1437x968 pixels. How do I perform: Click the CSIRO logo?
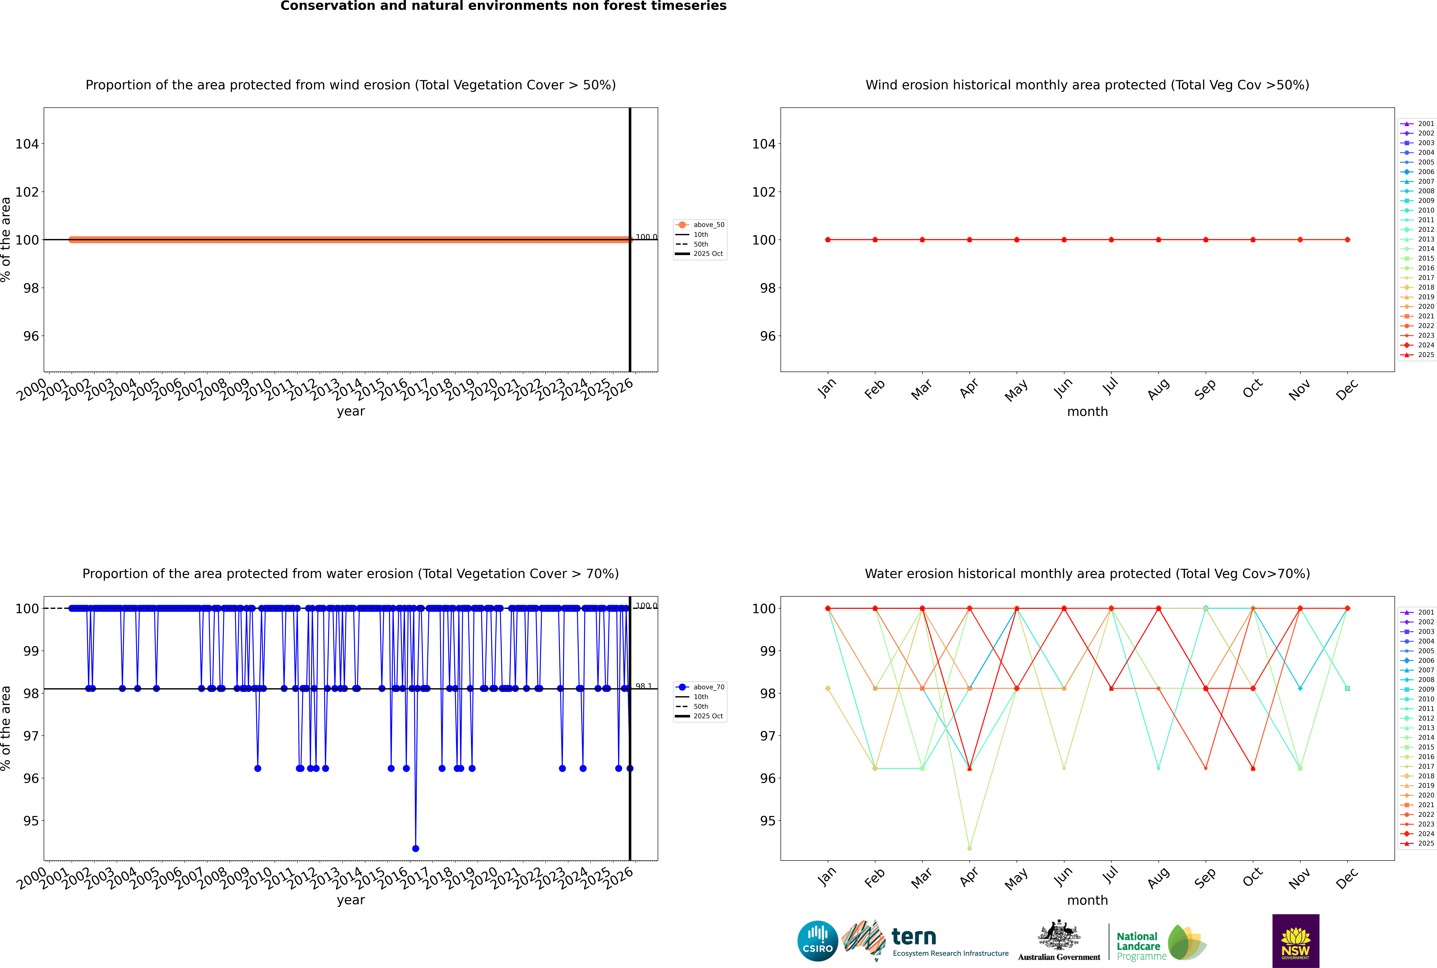tap(817, 941)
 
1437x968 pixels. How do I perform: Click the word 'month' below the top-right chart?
tap(1087, 412)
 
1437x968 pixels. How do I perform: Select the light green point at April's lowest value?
tap(969, 848)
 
